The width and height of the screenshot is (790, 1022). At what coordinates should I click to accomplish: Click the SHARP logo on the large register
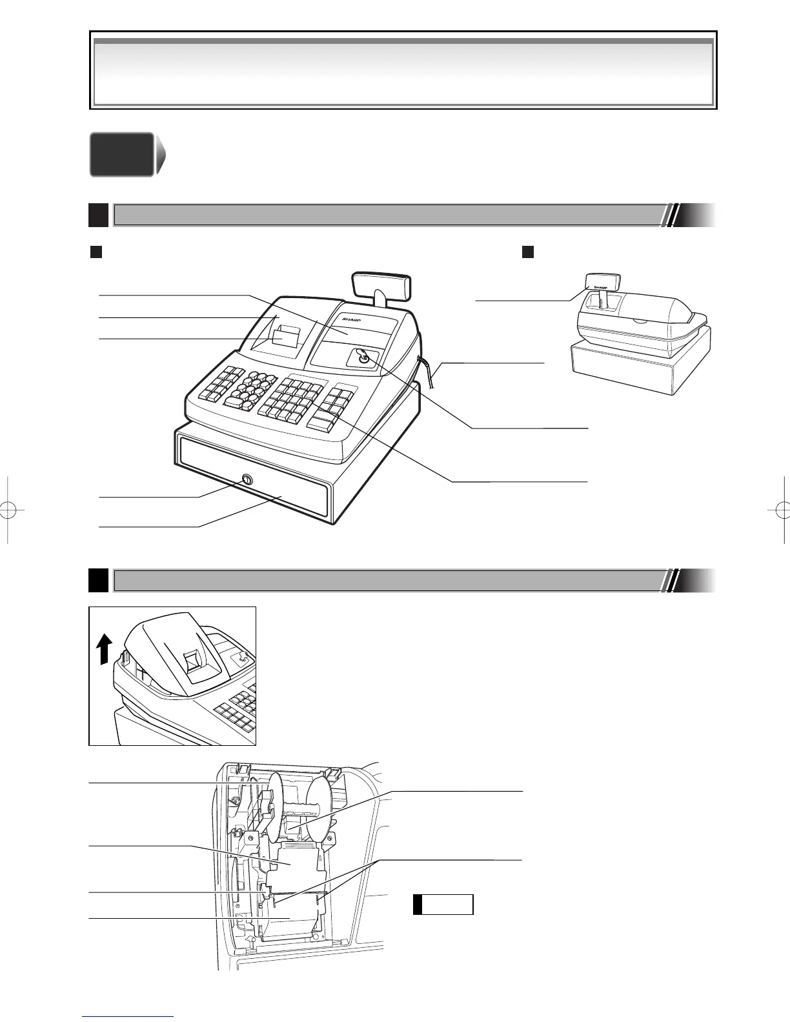(x=349, y=320)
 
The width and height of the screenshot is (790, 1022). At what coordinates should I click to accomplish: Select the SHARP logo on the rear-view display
(x=601, y=286)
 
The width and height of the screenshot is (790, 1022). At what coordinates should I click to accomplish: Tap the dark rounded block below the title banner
(x=122, y=154)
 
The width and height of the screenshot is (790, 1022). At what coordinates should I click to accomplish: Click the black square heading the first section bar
(x=98, y=215)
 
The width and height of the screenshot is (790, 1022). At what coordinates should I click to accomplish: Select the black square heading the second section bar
(x=98, y=579)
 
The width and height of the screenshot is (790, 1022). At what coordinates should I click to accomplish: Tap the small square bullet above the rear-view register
(x=527, y=252)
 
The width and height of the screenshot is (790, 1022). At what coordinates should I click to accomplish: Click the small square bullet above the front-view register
(x=96, y=252)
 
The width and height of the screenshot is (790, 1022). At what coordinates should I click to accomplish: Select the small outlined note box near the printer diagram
(x=443, y=905)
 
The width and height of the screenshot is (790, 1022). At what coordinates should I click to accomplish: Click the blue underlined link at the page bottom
(x=128, y=1017)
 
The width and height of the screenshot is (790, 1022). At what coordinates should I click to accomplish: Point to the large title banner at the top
(x=403, y=70)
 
